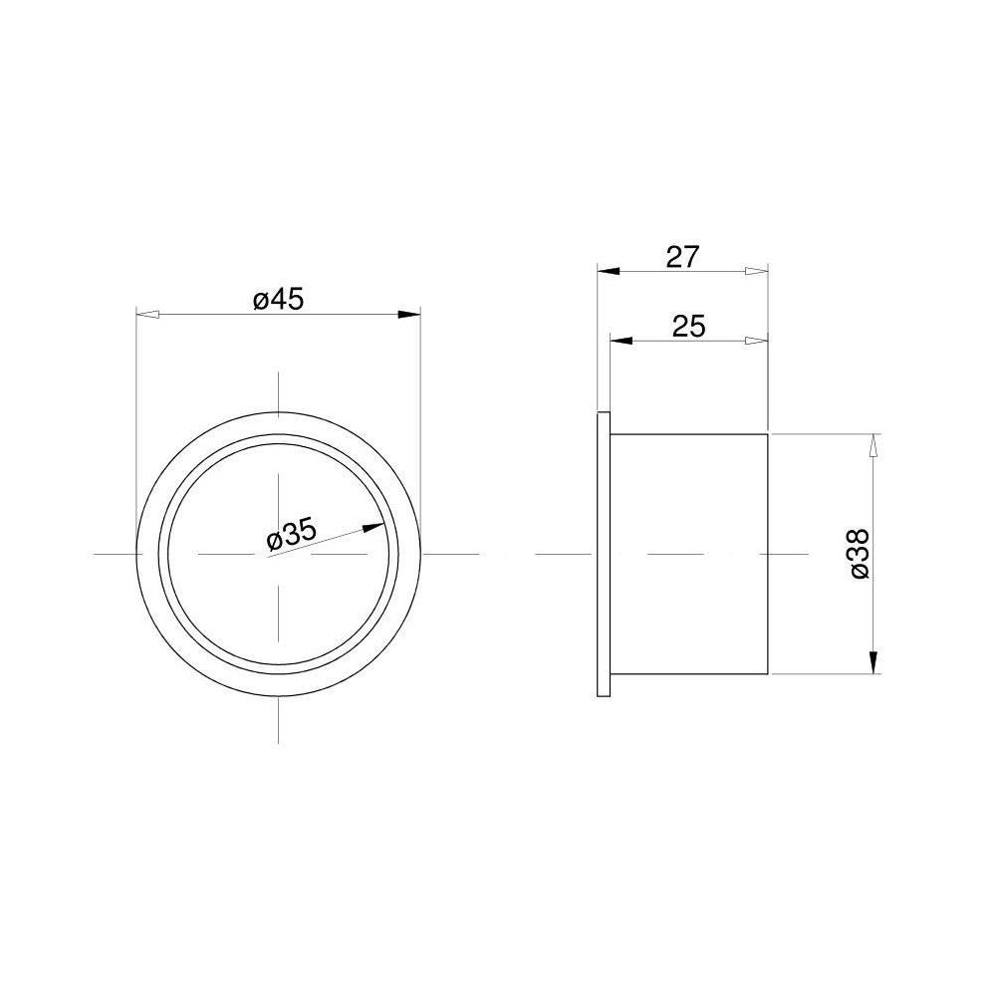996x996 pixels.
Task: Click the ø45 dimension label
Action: (278, 298)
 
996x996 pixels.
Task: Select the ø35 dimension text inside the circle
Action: (292, 536)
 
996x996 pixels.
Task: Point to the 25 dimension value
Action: (688, 326)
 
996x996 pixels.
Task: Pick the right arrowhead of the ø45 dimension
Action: (408, 315)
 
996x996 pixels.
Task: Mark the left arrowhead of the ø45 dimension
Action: (146, 315)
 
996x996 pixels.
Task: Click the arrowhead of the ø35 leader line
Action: (375, 528)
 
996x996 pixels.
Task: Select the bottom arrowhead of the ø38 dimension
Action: (872, 661)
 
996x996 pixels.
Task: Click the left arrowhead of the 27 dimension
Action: (609, 271)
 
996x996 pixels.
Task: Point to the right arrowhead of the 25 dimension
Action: (757, 341)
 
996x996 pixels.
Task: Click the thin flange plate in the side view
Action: (603, 553)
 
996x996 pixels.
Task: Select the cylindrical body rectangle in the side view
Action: (688, 554)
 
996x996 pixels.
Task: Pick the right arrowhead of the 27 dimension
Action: (757, 271)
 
